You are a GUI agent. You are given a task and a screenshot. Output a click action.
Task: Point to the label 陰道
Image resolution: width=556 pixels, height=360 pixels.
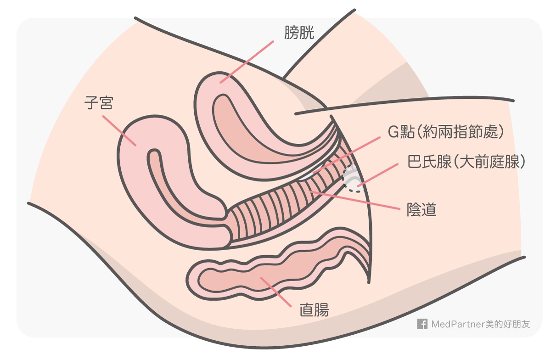(421, 210)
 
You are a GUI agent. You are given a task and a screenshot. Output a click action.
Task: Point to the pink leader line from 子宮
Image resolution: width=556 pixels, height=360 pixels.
(119, 130)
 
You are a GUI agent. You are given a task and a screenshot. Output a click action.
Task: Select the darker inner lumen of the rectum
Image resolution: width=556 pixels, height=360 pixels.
(257, 276)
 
